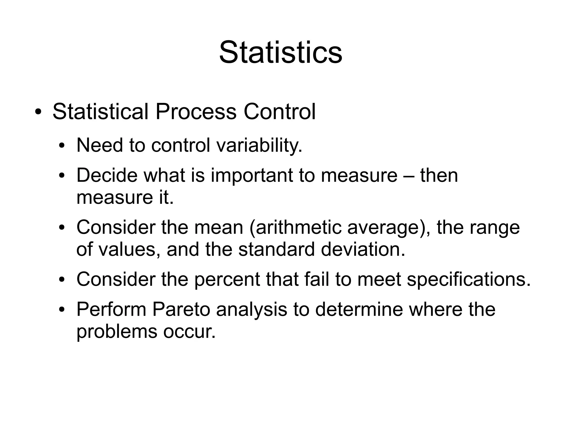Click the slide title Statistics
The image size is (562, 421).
[280, 52]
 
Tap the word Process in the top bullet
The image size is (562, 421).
[196, 112]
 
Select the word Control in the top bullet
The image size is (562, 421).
[279, 112]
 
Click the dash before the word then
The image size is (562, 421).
[409, 176]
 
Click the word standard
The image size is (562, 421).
[276, 249]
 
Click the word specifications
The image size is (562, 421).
[468, 279]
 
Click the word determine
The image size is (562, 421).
[359, 309]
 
